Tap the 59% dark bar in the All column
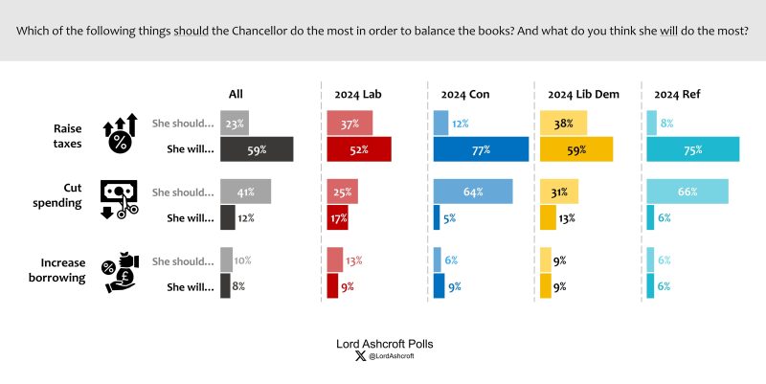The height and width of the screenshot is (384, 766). (256, 149)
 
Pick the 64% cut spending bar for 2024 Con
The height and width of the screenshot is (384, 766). (473, 192)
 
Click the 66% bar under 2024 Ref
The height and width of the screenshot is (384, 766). (687, 192)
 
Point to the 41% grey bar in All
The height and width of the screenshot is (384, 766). (245, 192)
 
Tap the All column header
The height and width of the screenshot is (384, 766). (236, 94)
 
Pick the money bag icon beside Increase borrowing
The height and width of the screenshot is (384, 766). (122, 272)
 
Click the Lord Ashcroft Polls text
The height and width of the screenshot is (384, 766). (383, 342)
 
